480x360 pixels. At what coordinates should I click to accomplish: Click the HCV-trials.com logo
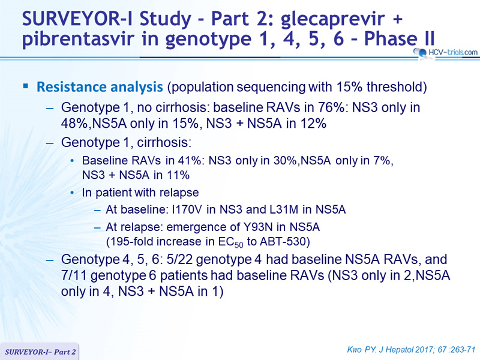[x=446, y=52]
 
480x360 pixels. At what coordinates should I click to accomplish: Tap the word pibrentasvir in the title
[x=78, y=39]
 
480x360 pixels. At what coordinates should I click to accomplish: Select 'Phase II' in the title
[x=399, y=38]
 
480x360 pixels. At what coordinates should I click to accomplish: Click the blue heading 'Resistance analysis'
[x=100, y=87]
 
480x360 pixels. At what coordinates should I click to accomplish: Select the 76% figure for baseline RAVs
[x=331, y=107]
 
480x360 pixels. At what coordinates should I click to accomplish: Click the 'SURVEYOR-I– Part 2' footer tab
[x=40, y=352]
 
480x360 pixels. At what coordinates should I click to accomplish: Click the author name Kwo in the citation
[x=355, y=349]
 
